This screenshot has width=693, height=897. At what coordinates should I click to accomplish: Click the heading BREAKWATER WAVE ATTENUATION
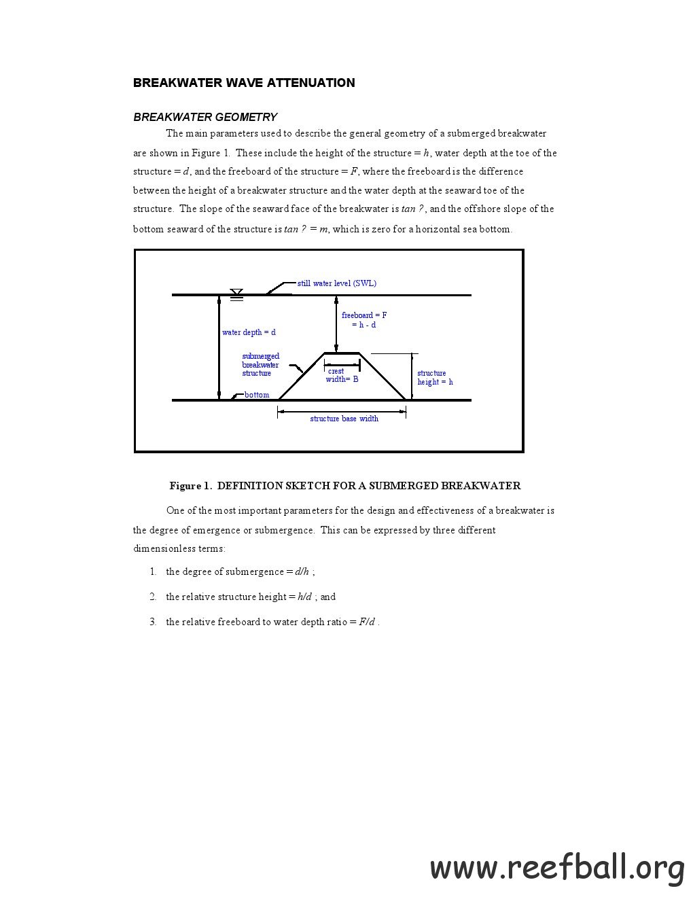coord(243,82)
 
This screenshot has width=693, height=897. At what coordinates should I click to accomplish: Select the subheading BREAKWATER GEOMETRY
coord(205,118)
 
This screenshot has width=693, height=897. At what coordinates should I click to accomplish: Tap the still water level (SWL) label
coord(337,283)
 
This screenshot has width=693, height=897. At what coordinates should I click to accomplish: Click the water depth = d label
coord(249,332)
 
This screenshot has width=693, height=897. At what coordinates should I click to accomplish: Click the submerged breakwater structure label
coord(260,364)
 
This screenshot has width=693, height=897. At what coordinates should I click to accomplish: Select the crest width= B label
coord(342,375)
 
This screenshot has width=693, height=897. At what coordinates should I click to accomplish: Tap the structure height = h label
coord(435,377)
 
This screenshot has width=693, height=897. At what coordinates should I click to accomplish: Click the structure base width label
coord(344,419)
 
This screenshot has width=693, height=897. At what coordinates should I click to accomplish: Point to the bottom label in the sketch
coord(257,395)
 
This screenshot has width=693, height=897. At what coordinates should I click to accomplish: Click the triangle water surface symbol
coord(236,292)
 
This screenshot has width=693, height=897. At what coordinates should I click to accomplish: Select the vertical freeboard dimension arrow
coord(336,323)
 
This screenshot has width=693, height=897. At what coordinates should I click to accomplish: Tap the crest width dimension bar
coord(342,365)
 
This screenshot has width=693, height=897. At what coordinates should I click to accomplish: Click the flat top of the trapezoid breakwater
coord(342,353)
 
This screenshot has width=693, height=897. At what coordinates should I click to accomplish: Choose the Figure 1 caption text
coord(345,485)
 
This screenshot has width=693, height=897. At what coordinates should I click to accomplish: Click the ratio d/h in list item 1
coord(302,571)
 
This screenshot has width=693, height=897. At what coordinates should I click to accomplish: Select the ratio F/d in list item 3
coord(366,622)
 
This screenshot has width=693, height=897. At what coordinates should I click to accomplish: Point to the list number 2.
coord(153,597)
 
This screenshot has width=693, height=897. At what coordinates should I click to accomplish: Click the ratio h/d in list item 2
coord(304,597)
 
